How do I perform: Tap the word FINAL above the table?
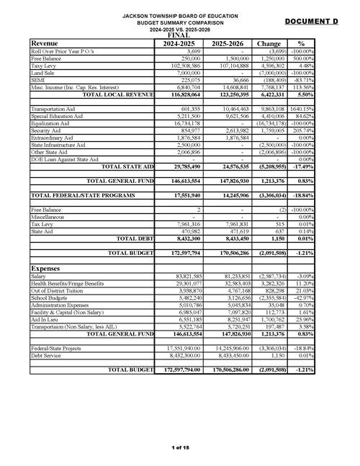[x=180, y=35]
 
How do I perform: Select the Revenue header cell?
[x=45, y=43]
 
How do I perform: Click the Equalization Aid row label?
[x=53, y=122]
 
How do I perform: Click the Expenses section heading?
[x=50, y=267]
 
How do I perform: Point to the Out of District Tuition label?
[x=59, y=290]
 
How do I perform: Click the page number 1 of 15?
[x=180, y=447]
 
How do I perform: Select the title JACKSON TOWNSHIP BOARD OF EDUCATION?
[x=180, y=15]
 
